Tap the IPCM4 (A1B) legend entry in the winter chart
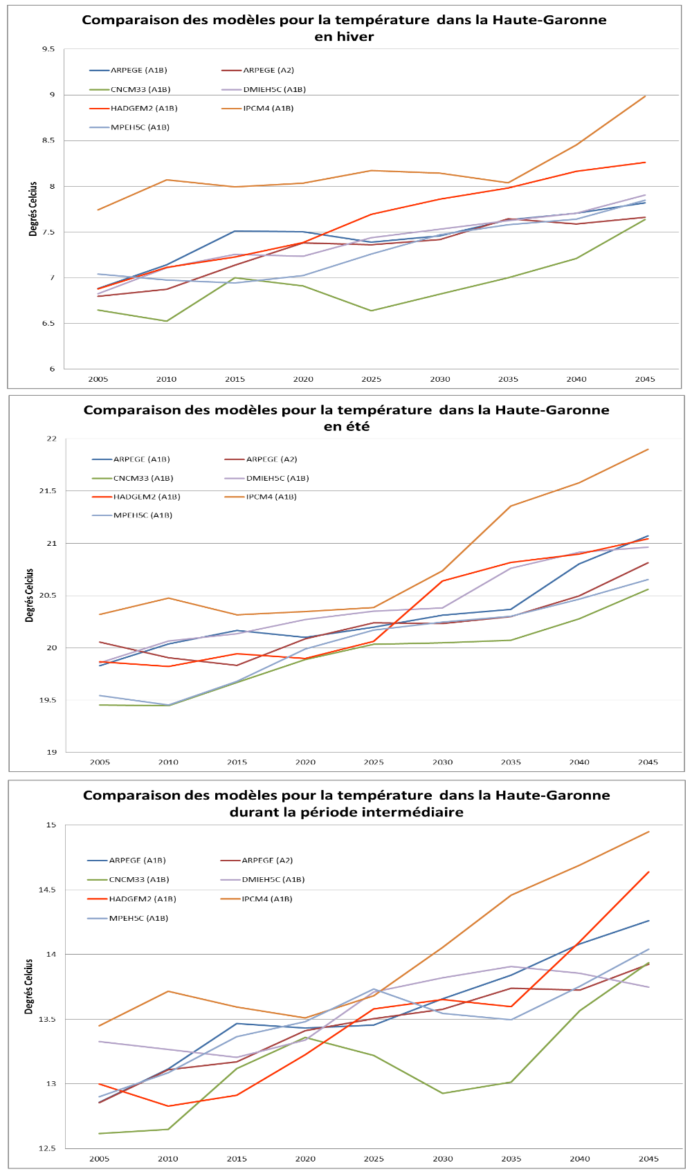(268, 108)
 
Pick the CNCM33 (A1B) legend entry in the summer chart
(143, 478)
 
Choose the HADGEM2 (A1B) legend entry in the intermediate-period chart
(143, 899)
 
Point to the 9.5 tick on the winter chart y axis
(48, 49)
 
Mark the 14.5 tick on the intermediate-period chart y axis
(48, 890)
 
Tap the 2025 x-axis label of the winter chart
(372, 379)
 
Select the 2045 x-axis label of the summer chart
(648, 762)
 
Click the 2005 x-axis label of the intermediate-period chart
(100, 1159)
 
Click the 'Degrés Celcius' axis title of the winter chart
(33, 209)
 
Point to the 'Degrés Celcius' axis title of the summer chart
(30, 596)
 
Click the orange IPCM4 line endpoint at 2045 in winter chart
(645, 96)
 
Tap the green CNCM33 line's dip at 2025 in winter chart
(372, 311)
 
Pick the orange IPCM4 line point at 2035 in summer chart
(511, 506)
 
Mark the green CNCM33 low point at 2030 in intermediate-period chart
(443, 1093)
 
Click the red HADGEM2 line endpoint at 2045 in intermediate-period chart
(648, 872)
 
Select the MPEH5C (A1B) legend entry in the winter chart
(130, 127)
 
